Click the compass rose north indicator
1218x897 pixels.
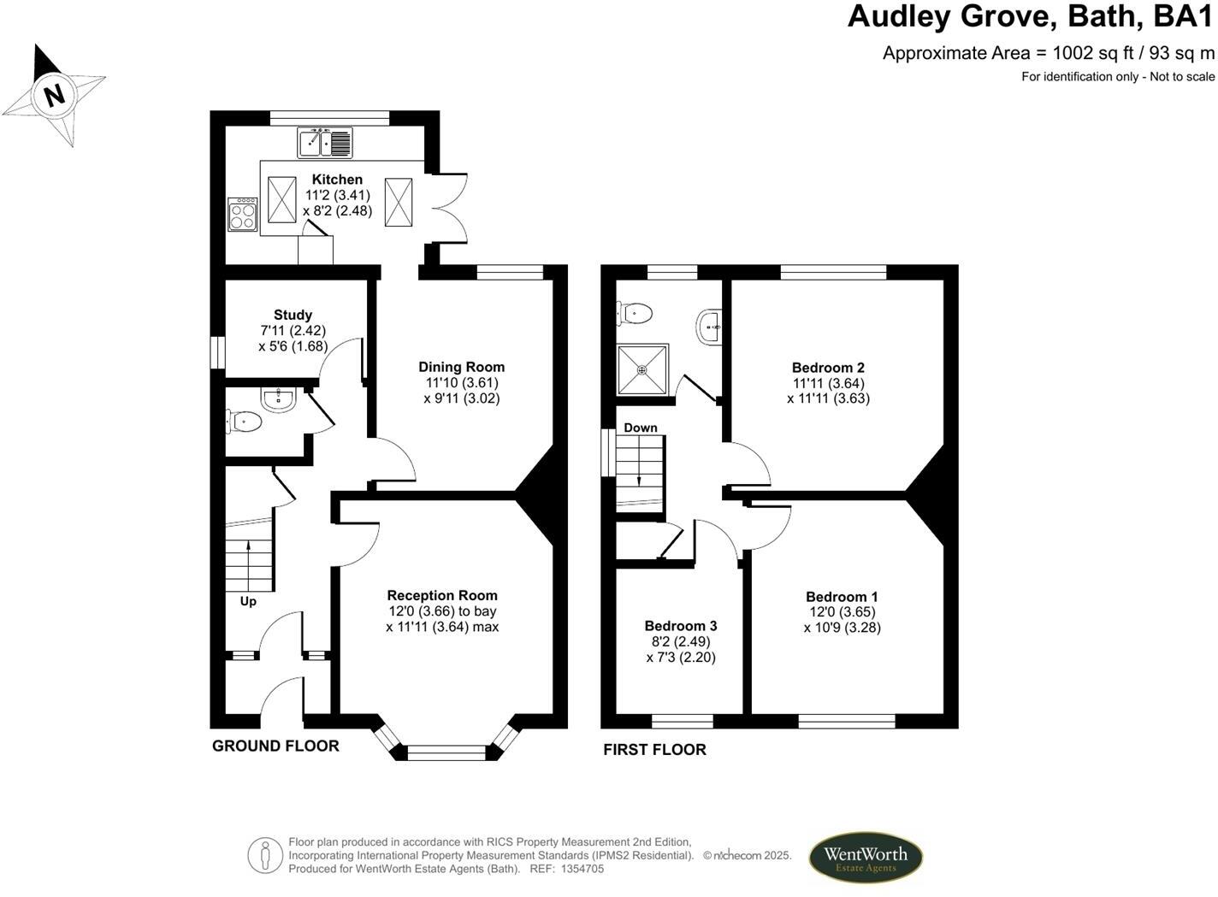pos(54,93)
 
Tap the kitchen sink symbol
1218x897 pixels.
pos(325,142)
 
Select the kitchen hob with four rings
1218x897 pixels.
pos(242,214)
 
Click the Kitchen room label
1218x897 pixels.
pos(337,180)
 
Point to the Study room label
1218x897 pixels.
pos(293,315)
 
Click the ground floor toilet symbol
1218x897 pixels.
pos(243,420)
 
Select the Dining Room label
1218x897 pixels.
pos(461,368)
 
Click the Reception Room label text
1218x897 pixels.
pos(441,595)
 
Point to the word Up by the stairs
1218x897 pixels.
pos(248,601)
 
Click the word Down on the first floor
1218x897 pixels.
pos(641,428)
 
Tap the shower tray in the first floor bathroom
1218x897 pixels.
pos(642,369)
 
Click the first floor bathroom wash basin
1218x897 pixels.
pos(710,327)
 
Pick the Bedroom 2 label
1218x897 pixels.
pos(828,368)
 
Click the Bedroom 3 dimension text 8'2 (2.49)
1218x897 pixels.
pos(681,641)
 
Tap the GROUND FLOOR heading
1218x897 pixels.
pos(275,746)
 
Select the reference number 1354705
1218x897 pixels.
pos(582,869)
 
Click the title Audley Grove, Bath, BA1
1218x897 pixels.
pos(1031,17)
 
